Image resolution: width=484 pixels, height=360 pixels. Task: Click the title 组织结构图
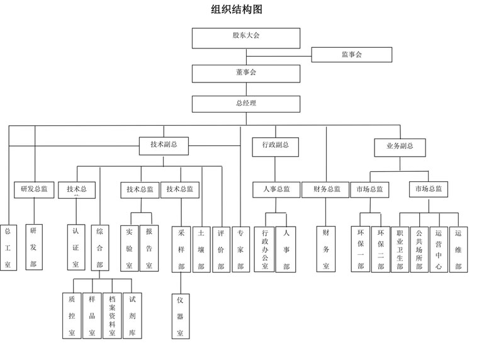click(236, 9)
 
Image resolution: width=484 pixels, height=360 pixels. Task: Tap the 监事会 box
click(352, 55)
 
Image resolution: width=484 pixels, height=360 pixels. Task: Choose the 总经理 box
click(242, 104)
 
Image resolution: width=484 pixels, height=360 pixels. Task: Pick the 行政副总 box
click(275, 146)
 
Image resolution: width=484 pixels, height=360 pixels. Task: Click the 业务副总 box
click(400, 147)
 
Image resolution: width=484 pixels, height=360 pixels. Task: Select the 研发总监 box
click(34, 189)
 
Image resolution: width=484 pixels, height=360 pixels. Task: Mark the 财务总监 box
click(326, 189)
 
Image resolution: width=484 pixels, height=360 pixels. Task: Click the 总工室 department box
click(8, 248)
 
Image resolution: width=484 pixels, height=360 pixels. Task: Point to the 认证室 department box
click(76, 248)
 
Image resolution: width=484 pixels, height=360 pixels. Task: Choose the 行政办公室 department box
click(265, 249)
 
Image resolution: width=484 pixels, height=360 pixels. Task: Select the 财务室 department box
click(326, 249)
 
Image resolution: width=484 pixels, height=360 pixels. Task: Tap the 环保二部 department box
click(380, 249)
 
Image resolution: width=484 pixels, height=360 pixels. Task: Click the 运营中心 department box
click(439, 249)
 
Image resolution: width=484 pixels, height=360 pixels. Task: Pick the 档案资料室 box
click(112, 316)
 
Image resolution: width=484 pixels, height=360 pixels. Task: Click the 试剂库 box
click(132, 316)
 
